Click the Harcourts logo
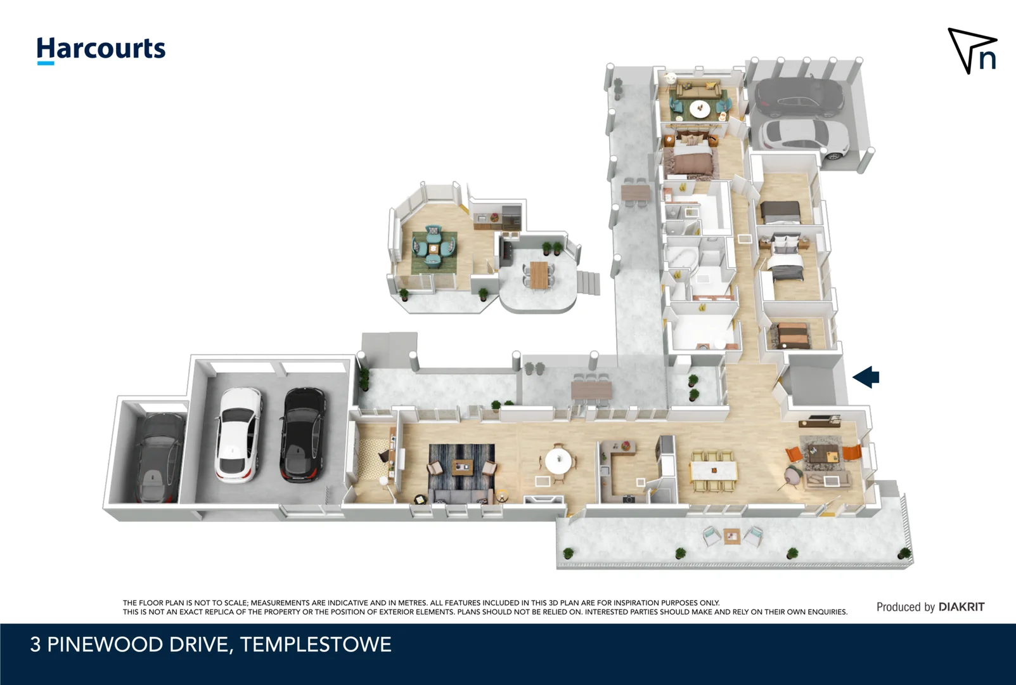(101, 49)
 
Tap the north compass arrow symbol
(972, 51)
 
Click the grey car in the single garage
(155, 457)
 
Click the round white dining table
(558, 461)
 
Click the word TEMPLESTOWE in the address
(316, 644)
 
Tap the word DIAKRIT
(961, 607)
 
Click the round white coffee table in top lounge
(700, 109)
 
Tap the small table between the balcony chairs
(731, 537)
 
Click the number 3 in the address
(35, 644)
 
